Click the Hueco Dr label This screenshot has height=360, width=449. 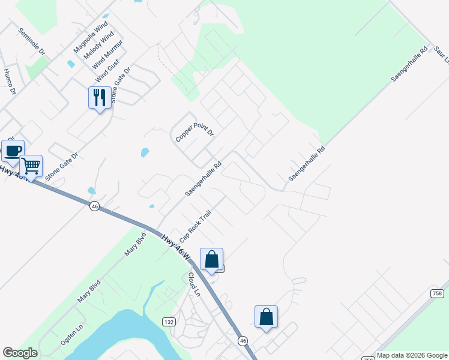click(x=9, y=82)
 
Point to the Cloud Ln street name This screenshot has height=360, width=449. click(x=193, y=284)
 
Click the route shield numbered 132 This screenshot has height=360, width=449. click(x=169, y=322)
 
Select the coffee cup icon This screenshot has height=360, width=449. click(x=13, y=150)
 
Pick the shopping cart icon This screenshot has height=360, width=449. click(x=31, y=165)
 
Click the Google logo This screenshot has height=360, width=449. click(x=20, y=353)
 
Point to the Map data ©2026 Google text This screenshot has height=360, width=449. click(x=412, y=355)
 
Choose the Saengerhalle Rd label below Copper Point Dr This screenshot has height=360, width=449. click(x=203, y=179)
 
